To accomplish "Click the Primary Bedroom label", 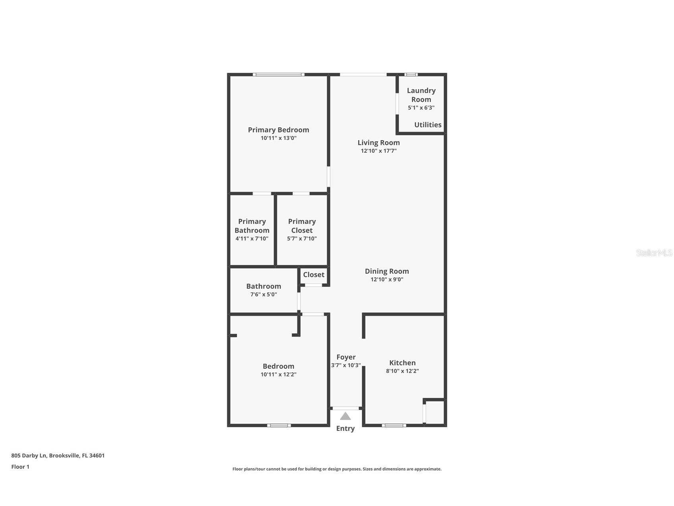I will pyautogui.click(x=278, y=130).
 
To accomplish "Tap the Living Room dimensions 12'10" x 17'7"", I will pyautogui.click(x=379, y=151).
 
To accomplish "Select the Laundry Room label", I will pyautogui.click(x=421, y=95).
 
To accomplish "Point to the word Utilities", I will pyautogui.click(x=428, y=125).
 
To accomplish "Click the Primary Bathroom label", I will pyautogui.click(x=252, y=226).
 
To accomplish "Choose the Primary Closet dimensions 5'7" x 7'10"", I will pyautogui.click(x=302, y=239).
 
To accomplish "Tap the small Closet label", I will pyautogui.click(x=313, y=274).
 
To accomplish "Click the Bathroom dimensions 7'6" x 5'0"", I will pyautogui.click(x=263, y=294).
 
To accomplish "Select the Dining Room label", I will pyautogui.click(x=387, y=271).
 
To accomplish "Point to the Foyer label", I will pyautogui.click(x=346, y=357).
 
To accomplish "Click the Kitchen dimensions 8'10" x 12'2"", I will pyautogui.click(x=402, y=371).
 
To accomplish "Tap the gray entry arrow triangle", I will pyautogui.click(x=346, y=416).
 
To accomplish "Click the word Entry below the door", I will pyautogui.click(x=345, y=428).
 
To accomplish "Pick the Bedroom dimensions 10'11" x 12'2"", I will pyautogui.click(x=278, y=374).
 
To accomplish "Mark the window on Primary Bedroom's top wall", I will pyautogui.click(x=278, y=74).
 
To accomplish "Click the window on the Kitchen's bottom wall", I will pyautogui.click(x=394, y=425).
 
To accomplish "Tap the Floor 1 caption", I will pyautogui.click(x=20, y=467).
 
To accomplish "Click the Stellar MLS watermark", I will pyautogui.click(x=654, y=253).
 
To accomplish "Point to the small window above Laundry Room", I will pyautogui.click(x=411, y=74).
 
